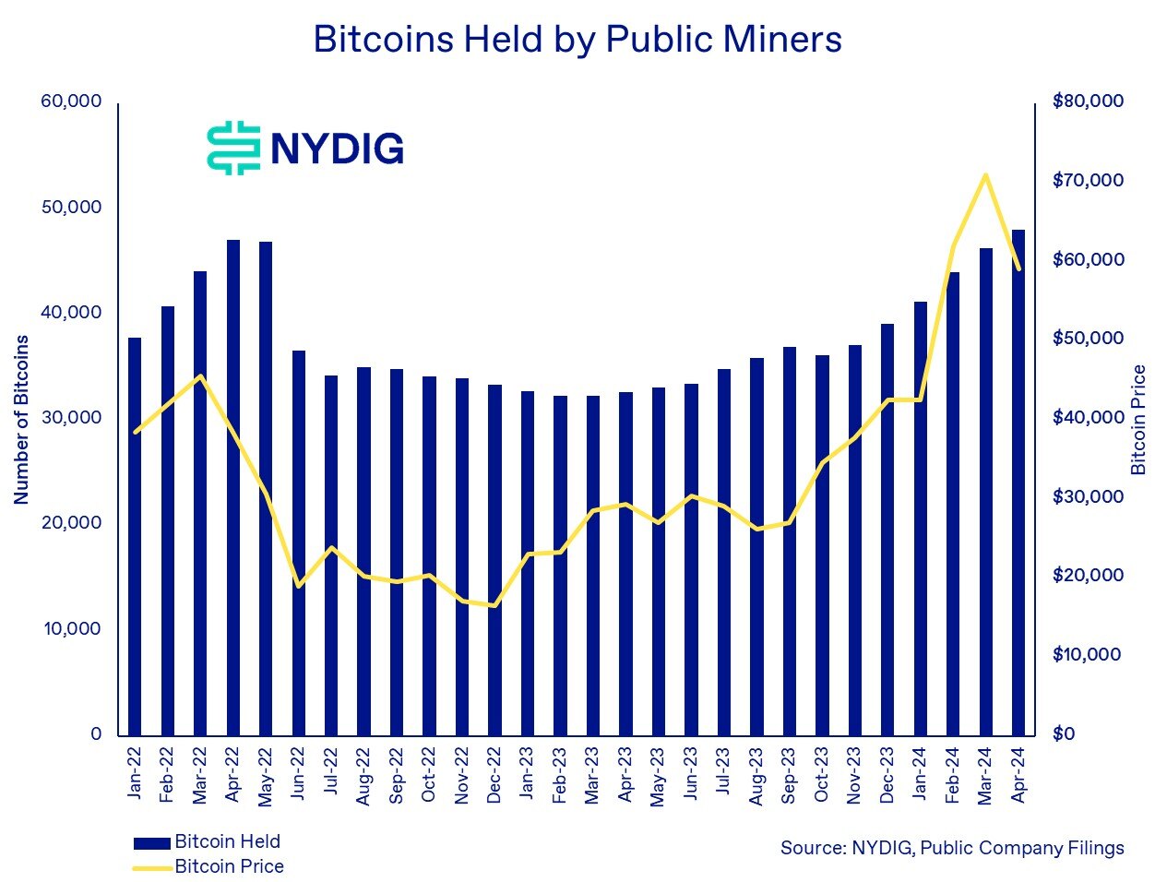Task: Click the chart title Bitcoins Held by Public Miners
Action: (x=577, y=40)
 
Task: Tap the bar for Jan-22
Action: (x=135, y=536)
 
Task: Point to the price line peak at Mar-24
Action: (x=985, y=174)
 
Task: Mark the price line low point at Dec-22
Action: (x=494, y=606)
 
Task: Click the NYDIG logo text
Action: (x=337, y=148)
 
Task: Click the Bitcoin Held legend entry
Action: (x=207, y=841)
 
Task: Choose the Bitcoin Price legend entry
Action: (x=208, y=866)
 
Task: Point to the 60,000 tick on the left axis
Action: (x=71, y=101)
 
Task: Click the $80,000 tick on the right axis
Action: (x=1088, y=101)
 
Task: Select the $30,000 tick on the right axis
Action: (x=1088, y=496)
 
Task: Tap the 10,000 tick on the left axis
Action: (x=71, y=628)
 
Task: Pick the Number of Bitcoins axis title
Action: (x=21, y=419)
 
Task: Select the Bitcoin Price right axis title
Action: (x=1138, y=420)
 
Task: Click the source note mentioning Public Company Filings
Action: (x=952, y=847)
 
